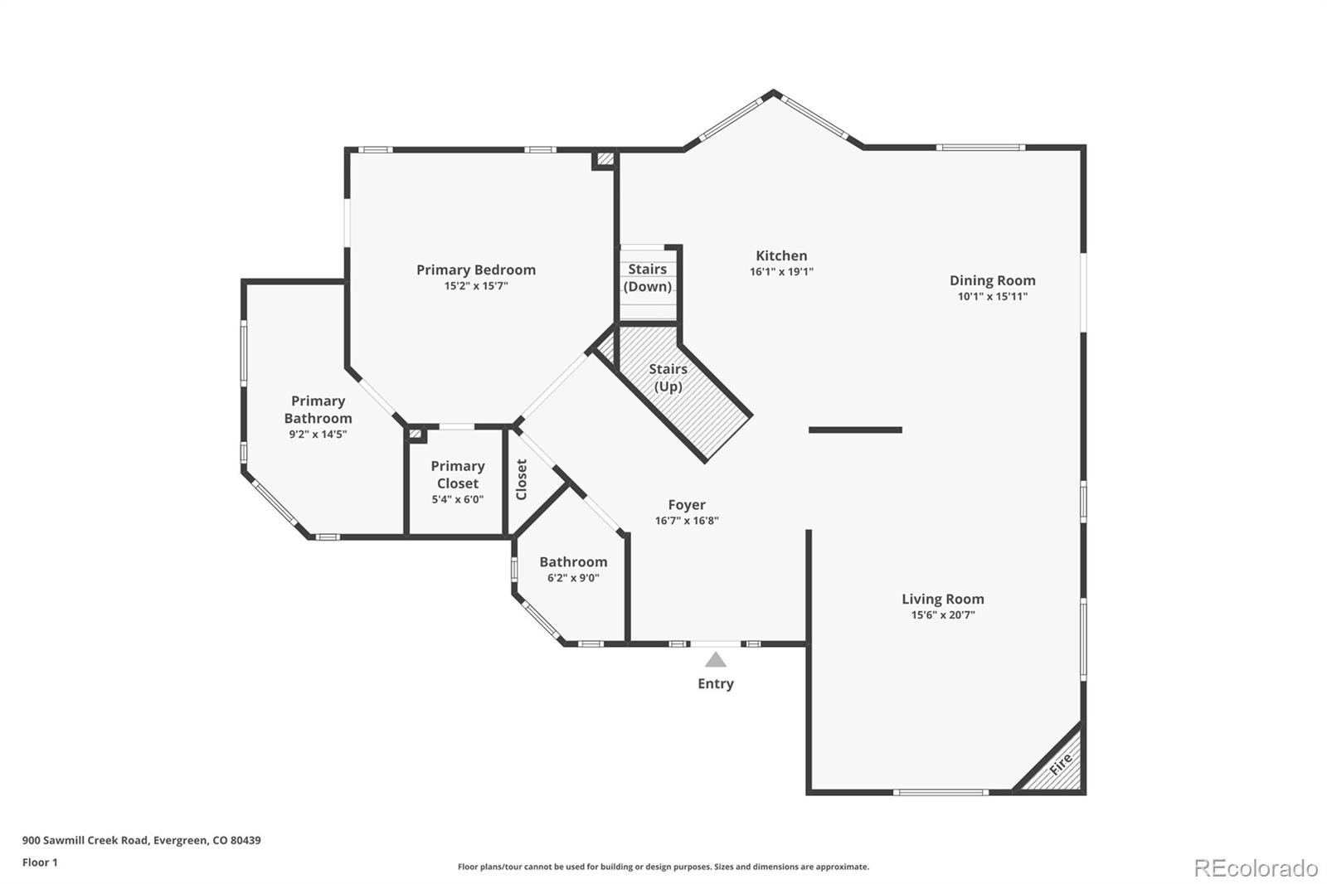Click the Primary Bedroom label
(x=475, y=270)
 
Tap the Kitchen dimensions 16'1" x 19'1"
(x=781, y=272)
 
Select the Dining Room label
(x=992, y=280)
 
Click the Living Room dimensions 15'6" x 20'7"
(x=942, y=615)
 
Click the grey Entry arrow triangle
(x=716, y=660)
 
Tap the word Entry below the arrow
(x=715, y=683)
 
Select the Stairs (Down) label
(x=647, y=278)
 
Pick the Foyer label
(x=687, y=504)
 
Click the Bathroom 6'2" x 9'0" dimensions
(x=572, y=578)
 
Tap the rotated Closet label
(x=522, y=479)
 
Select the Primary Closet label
(x=457, y=474)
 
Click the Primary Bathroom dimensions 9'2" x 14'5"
(x=318, y=434)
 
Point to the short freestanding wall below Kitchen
(x=855, y=430)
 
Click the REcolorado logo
(x=1255, y=867)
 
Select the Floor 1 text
(x=40, y=862)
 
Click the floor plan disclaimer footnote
(x=663, y=867)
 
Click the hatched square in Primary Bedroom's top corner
(x=605, y=158)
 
